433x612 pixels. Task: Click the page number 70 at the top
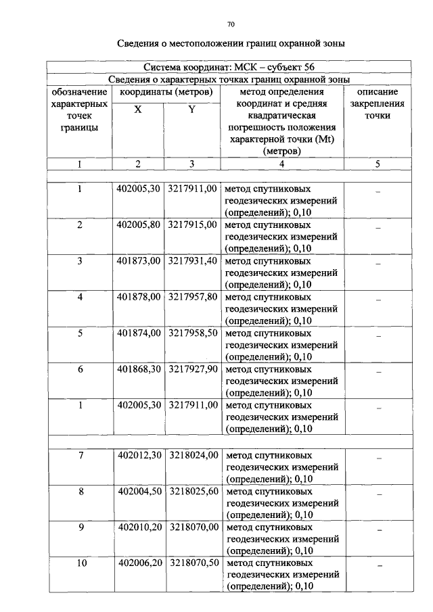[231, 24]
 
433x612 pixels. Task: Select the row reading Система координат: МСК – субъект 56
[229, 68]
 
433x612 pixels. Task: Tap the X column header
[138, 110]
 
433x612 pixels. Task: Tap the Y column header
[192, 110]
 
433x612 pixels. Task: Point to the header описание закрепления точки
[377, 103]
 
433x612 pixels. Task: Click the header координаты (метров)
[166, 91]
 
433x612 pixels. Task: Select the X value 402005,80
[138, 224]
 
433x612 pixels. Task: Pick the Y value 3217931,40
[192, 260]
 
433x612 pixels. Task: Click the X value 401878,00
[138, 297]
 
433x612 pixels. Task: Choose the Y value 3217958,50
[192, 333]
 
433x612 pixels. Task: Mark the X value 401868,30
[138, 370]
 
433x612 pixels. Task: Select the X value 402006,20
[138, 563]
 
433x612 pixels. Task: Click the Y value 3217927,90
[192, 370]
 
